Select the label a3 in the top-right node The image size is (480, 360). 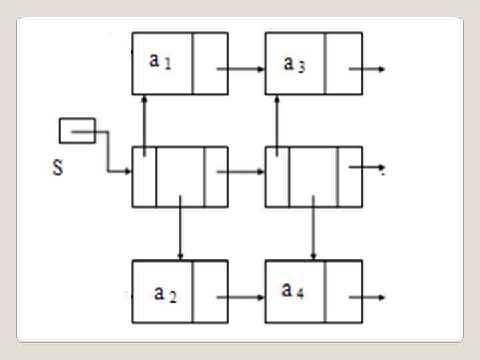pyautogui.click(x=294, y=64)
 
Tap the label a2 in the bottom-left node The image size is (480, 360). pyautogui.click(x=165, y=293)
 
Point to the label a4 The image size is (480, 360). pyautogui.click(x=293, y=290)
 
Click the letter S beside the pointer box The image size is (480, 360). pyautogui.click(x=58, y=167)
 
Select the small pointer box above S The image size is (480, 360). pyautogui.click(x=77, y=131)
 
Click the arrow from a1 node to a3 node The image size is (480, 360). pyautogui.click(x=240, y=69)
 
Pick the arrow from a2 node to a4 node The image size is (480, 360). pyautogui.click(x=240, y=297)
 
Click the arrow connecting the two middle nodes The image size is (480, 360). pyautogui.click(x=240, y=171)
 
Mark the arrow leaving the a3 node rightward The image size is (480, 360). pyautogui.click(x=367, y=69)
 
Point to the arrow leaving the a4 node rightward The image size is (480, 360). pyautogui.click(x=367, y=297)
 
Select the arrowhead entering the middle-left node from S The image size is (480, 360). pyautogui.click(x=127, y=172)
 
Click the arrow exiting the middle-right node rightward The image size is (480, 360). pyautogui.click(x=367, y=167)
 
